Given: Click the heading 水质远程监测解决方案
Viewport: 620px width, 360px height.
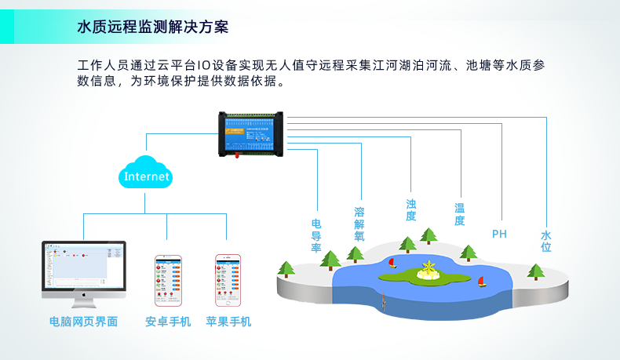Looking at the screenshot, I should tap(153, 27).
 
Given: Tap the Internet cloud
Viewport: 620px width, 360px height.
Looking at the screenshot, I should tap(147, 176).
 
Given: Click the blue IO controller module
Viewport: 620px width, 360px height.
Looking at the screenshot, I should tap(252, 132).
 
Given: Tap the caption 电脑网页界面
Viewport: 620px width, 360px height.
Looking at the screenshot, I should tap(83, 322).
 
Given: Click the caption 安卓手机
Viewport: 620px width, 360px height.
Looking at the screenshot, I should tap(168, 322).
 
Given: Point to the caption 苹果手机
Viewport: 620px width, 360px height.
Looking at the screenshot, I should tap(228, 322).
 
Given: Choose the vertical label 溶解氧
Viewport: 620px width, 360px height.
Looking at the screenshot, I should tap(359, 224).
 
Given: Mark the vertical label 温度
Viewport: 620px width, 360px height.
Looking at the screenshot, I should tap(460, 214).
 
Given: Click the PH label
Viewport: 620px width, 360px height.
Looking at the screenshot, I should tap(499, 234).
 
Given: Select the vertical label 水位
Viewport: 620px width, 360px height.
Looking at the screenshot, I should tap(546, 241).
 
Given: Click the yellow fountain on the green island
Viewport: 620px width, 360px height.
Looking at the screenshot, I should tap(428, 271).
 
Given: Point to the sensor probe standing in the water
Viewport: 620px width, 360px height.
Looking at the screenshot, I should tap(382, 298).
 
